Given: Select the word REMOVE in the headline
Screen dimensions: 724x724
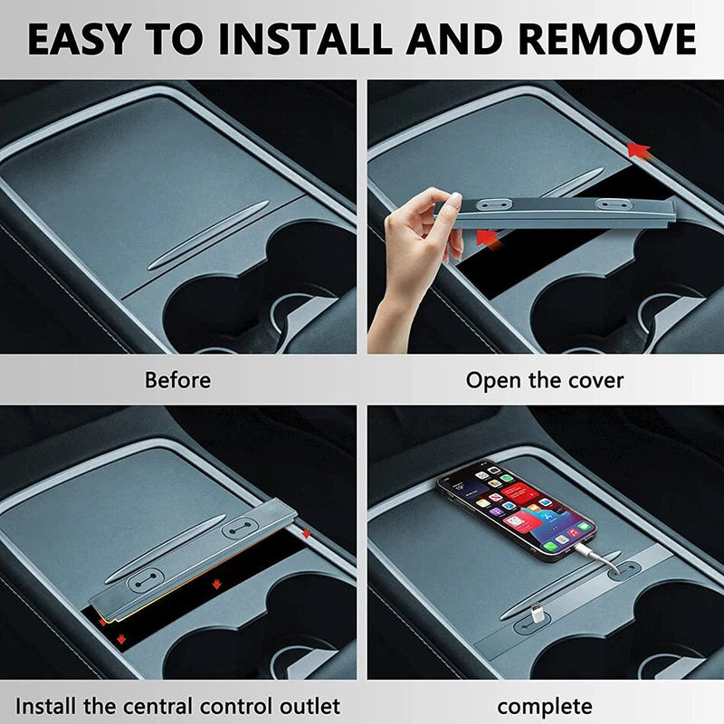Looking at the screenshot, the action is tap(607, 39).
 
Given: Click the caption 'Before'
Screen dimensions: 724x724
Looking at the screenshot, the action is tap(177, 380).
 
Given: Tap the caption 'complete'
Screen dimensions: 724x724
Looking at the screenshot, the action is tap(545, 707).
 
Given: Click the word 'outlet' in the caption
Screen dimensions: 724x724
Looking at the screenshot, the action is tap(310, 706).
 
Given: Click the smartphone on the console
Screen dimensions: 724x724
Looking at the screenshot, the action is tap(516, 510).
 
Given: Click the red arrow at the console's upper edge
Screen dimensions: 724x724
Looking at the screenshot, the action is tap(639, 151).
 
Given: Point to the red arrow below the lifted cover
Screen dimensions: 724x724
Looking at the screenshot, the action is tap(488, 239).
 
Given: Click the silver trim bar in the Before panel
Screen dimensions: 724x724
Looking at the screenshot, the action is tap(208, 235).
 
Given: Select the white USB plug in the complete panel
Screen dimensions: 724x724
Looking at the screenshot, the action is tap(537, 613).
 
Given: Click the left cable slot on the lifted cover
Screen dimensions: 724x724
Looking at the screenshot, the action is tap(495, 204).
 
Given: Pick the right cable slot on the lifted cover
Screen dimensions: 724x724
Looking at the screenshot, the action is tap(614, 205).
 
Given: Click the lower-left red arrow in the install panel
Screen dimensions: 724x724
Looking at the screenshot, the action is tap(121, 639).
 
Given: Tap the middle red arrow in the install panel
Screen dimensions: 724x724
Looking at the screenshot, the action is tap(216, 585).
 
